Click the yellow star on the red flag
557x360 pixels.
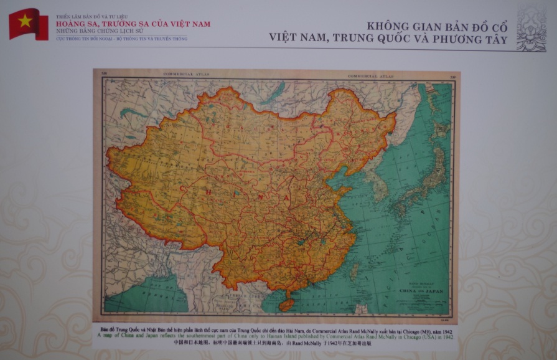tap(25, 21)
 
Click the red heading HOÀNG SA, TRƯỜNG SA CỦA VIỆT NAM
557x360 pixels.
tap(133, 24)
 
